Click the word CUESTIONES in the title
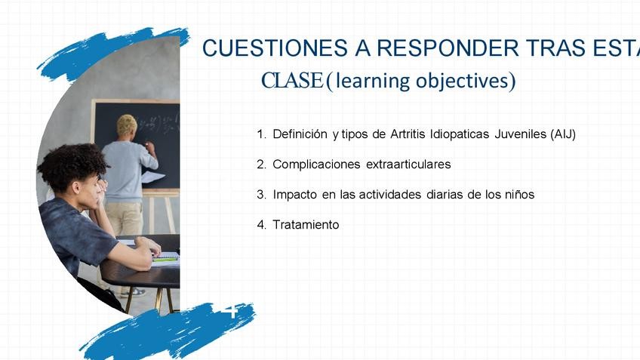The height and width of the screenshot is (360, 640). click(x=275, y=48)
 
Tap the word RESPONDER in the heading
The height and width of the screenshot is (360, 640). click(x=448, y=48)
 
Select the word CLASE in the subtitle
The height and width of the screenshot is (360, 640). click(x=292, y=80)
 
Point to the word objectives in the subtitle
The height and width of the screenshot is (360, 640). click(x=466, y=82)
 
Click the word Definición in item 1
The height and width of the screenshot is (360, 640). click(x=300, y=134)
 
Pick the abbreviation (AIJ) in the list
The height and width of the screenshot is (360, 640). click(x=563, y=134)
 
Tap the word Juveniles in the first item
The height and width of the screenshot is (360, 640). click(x=521, y=134)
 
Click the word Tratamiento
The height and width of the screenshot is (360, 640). click(x=306, y=224)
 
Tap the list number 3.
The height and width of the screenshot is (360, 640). click(x=261, y=194)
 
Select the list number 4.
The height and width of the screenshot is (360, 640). click(x=261, y=224)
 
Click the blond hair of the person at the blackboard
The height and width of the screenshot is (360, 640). click(x=127, y=125)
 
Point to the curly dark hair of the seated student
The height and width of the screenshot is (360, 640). click(x=72, y=165)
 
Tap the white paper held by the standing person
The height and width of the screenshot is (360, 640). click(x=152, y=177)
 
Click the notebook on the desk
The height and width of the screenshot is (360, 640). click(x=166, y=259)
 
